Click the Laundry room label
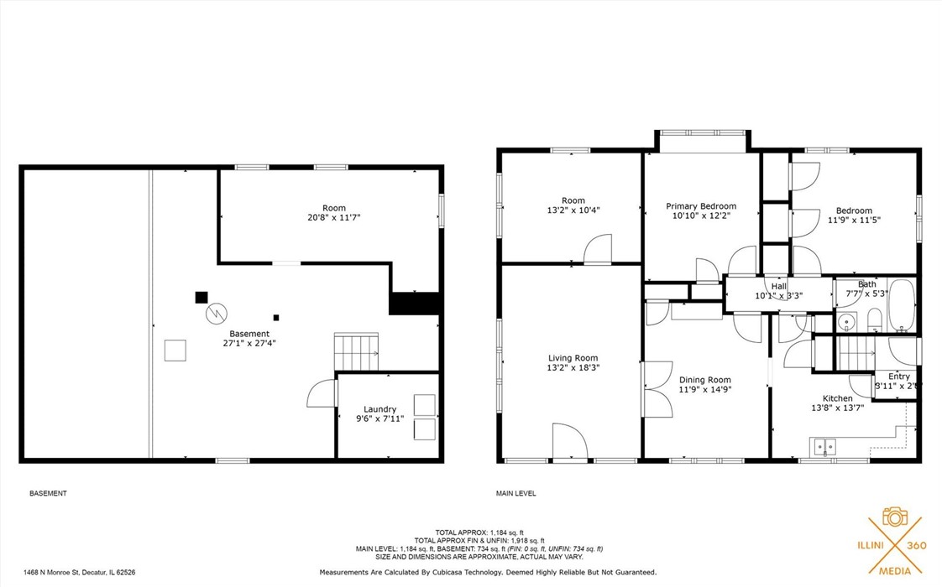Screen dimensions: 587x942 point(379,409)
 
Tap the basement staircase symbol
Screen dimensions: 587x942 point(356,351)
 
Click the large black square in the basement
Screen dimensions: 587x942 point(201,297)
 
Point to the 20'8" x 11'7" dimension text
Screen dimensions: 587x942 point(334,218)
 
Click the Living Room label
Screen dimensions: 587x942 point(573,358)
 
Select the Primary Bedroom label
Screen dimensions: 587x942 point(701,206)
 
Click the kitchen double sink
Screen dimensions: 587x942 point(824,447)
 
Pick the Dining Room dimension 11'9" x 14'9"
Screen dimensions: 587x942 point(705,389)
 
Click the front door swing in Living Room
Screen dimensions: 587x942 point(570,442)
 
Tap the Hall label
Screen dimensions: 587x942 point(779,286)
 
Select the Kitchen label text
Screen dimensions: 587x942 point(837,398)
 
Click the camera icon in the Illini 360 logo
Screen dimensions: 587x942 point(895,516)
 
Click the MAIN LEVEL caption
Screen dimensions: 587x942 point(516,493)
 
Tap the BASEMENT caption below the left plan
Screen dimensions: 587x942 point(48,493)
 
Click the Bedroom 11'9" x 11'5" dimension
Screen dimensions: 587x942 point(854,221)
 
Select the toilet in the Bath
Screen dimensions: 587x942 point(873,319)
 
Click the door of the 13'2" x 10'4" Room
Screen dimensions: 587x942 point(599,250)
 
